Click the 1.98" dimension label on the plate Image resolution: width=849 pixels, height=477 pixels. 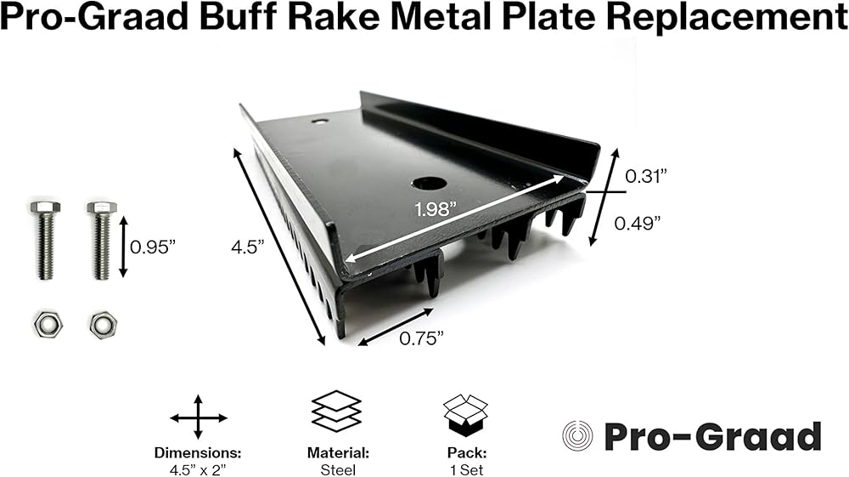[x=436, y=208]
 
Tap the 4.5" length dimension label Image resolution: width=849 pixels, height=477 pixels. [x=247, y=247]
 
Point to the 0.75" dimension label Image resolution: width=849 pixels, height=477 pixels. [x=421, y=338]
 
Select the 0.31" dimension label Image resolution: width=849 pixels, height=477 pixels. [x=646, y=176]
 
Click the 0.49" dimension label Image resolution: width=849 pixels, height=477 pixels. [x=638, y=223]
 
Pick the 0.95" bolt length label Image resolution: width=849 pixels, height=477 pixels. [x=153, y=247]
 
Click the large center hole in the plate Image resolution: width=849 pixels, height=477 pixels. [x=428, y=183]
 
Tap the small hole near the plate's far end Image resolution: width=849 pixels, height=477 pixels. [x=320, y=122]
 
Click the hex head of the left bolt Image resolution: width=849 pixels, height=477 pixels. [x=46, y=207]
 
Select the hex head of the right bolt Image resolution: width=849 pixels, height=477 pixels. [x=102, y=207]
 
